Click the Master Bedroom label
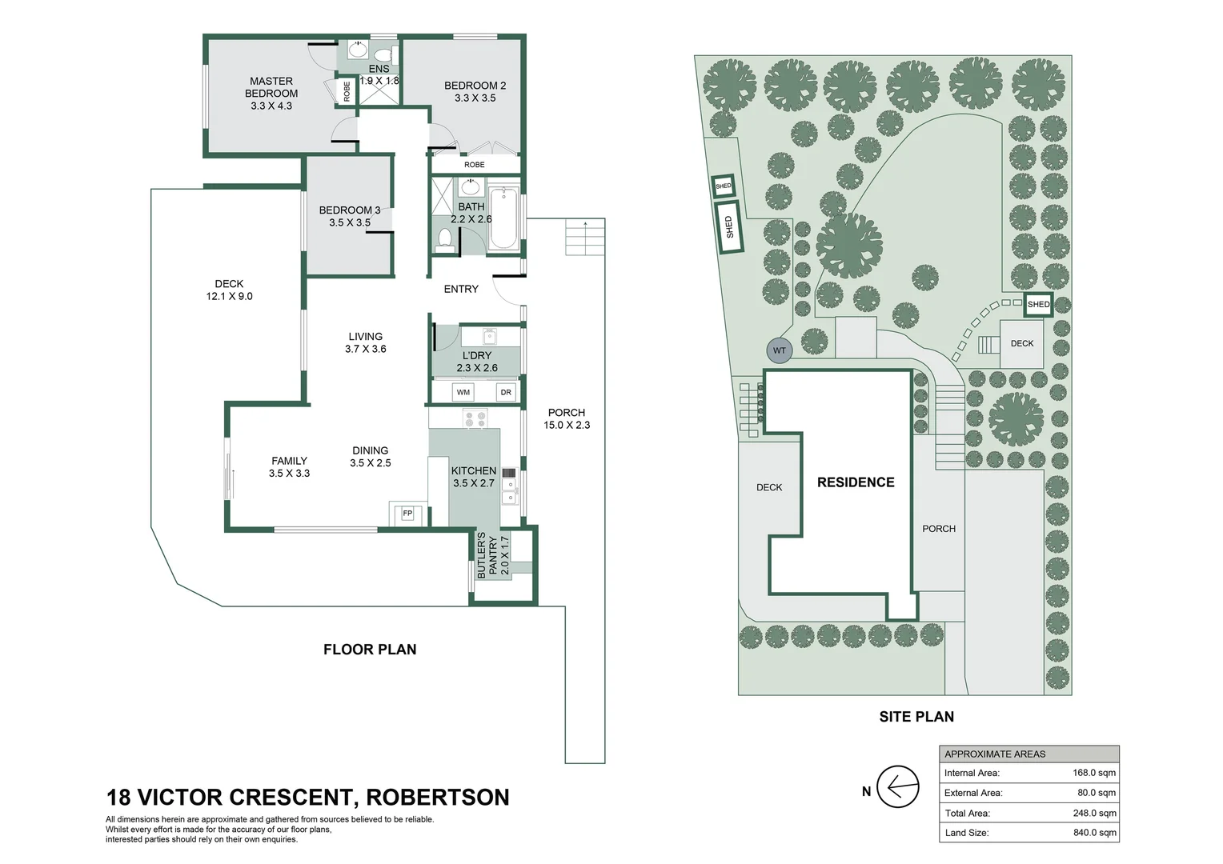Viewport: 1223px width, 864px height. pos(271,87)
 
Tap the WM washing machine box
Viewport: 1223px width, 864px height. pos(463,392)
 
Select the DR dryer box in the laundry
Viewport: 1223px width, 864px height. pos(506,392)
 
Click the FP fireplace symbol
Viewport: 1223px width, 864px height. pos(407,513)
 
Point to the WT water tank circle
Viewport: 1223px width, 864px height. pos(779,350)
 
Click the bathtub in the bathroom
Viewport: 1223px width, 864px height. pos(503,217)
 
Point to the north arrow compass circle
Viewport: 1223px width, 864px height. pos(897,787)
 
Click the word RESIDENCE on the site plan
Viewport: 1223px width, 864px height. pos(856,482)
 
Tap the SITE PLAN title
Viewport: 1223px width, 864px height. pos(916,717)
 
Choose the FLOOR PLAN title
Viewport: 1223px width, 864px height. pos(370,650)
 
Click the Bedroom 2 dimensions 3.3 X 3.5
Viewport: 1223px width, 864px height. pos(475,98)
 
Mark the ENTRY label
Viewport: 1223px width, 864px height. pos(461,289)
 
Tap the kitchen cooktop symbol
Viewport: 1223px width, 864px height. pos(475,418)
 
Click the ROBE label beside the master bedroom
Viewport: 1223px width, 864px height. pos(347,91)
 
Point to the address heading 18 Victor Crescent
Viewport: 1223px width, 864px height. pos(307,798)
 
